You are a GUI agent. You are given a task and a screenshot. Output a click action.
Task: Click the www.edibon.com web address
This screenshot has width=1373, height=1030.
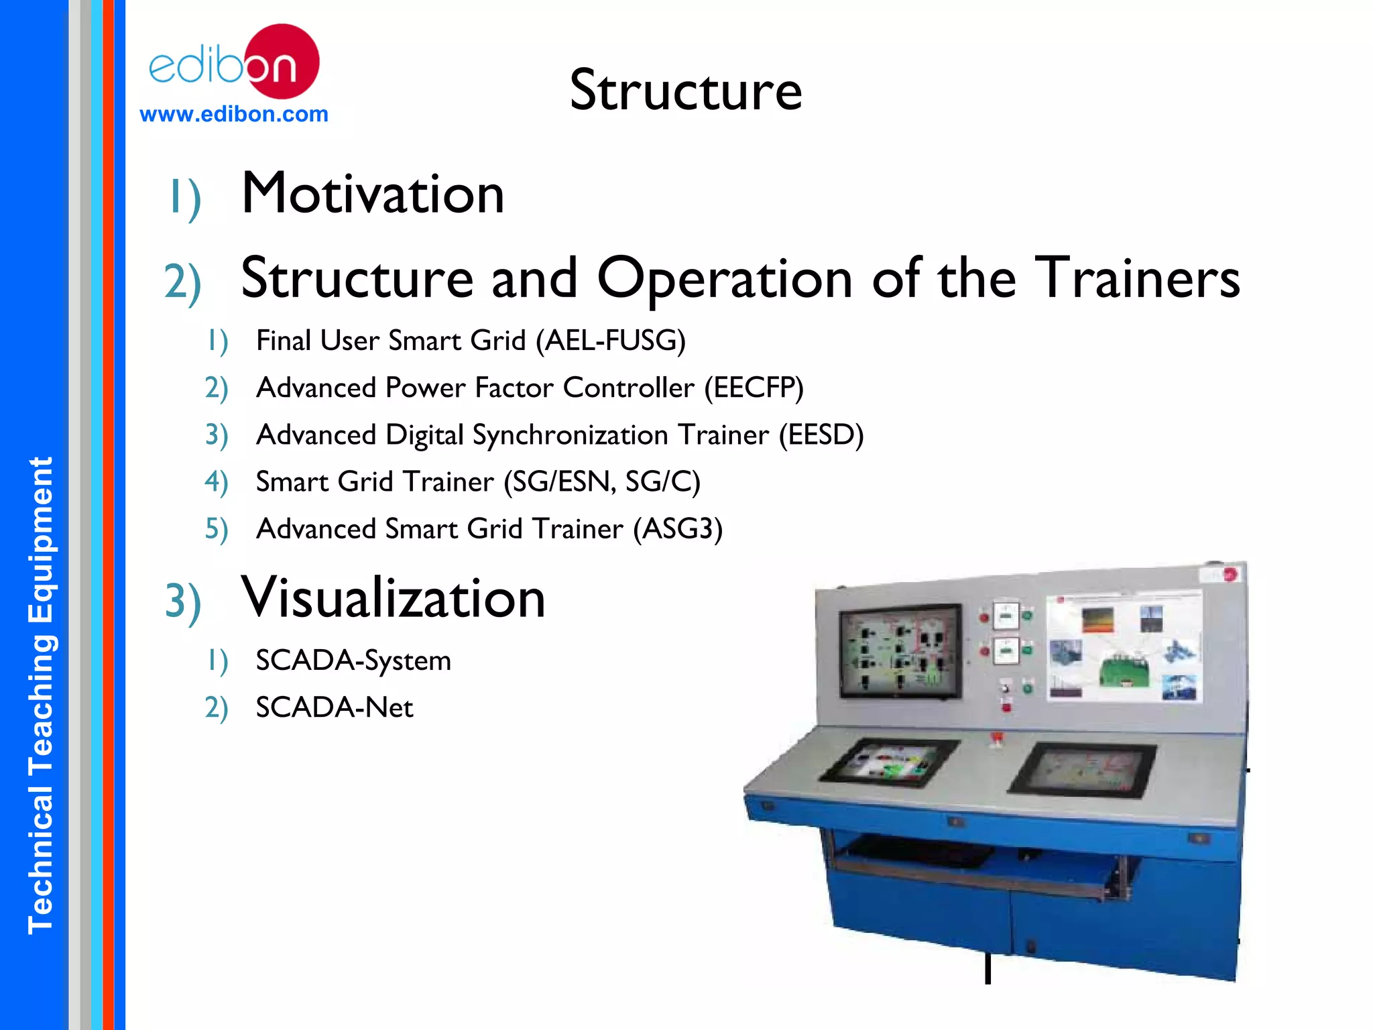pos(234,114)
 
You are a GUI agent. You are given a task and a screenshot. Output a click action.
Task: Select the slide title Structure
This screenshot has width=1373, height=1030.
pos(685,91)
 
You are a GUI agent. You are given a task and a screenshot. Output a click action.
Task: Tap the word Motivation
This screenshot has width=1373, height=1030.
pos(373,194)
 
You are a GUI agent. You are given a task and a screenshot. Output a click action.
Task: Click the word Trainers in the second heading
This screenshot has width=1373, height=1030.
pos(1138,278)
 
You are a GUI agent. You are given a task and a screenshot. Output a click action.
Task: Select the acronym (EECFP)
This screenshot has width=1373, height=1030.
pos(754,388)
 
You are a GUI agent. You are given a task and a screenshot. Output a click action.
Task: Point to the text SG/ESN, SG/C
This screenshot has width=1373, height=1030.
pos(602,482)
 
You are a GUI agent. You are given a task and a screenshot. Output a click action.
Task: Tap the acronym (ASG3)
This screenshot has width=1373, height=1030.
pos(678,529)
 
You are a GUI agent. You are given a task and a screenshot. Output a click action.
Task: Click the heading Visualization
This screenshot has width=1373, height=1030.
pos(393,598)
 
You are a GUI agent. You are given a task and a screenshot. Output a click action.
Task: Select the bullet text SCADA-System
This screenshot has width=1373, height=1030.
pos(353,661)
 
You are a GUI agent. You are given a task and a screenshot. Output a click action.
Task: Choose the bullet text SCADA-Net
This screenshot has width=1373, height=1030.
pos(335,707)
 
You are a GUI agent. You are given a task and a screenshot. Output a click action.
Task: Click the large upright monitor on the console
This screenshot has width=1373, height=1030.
pos(900,651)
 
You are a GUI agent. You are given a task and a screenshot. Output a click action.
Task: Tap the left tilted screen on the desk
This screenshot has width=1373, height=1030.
pos(889,762)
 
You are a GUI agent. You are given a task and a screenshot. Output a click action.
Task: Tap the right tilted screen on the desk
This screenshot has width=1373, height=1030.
pos(1083,769)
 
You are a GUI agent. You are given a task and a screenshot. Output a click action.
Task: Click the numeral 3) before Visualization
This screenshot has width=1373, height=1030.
pos(182,602)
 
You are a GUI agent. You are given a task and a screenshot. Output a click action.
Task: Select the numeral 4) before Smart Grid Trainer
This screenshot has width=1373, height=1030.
pos(216,482)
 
